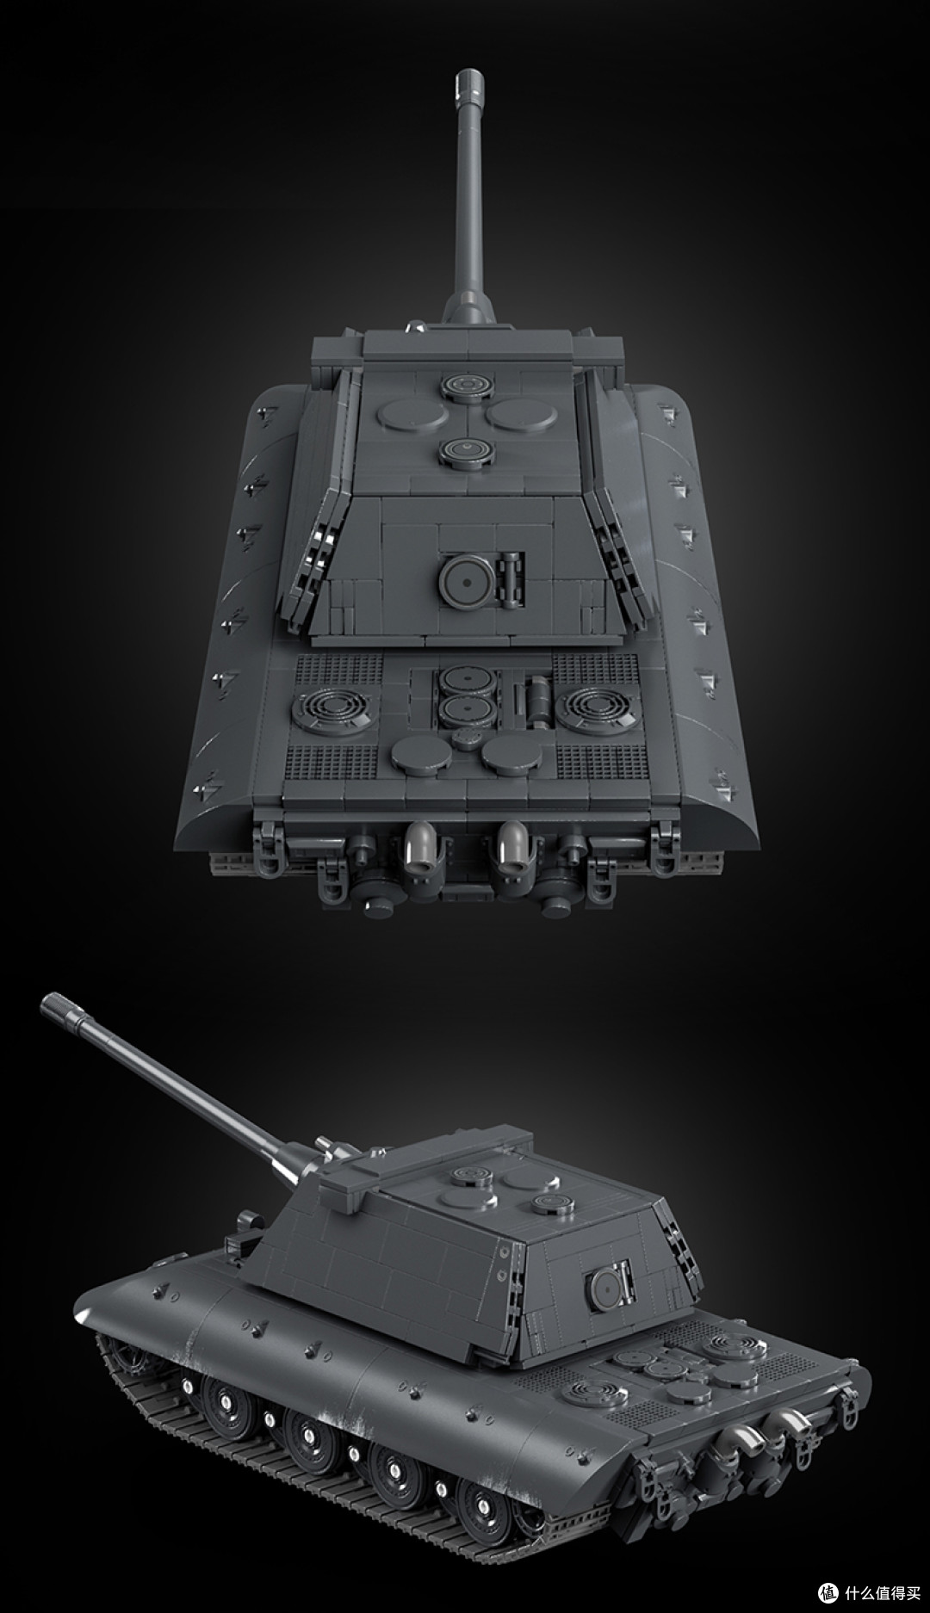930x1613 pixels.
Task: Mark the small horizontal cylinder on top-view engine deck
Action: point(542,695)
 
